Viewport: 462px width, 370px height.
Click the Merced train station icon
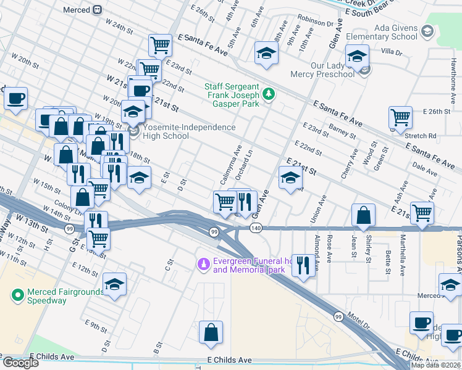pyautogui.click(x=98, y=10)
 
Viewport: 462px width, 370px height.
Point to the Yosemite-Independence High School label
pyautogui.click(x=182, y=131)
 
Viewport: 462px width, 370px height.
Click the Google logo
pyautogui.click(x=20, y=363)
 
